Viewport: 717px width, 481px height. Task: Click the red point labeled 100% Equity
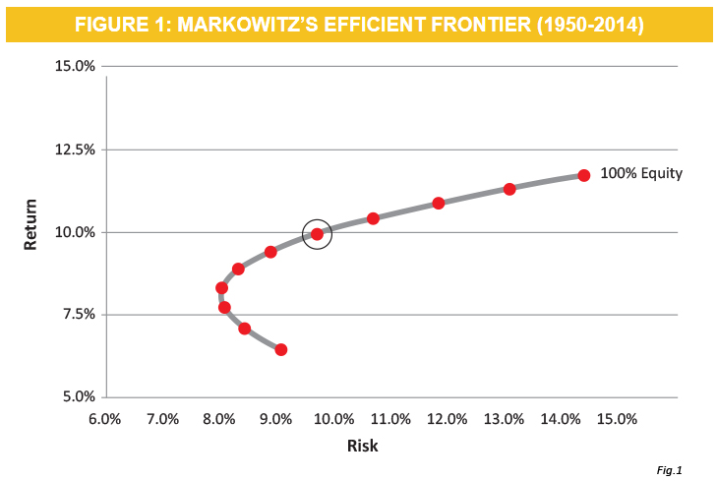tap(583, 175)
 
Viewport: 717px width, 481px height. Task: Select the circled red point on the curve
tap(317, 234)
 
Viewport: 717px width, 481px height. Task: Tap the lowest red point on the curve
tap(281, 349)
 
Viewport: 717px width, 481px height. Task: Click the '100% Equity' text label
tap(641, 173)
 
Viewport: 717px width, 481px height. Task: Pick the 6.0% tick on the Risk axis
tap(105, 419)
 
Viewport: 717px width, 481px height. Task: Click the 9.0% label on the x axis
tap(276, 419)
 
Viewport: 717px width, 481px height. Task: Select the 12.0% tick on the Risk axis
tap(448, 419)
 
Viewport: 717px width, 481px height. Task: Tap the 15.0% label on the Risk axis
tap(619, 419)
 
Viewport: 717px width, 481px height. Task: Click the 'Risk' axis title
tap(362, 446)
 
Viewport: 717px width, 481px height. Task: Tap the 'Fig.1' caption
tap(669, 469)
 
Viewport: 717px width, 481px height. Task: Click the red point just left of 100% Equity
tap(509, 189)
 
